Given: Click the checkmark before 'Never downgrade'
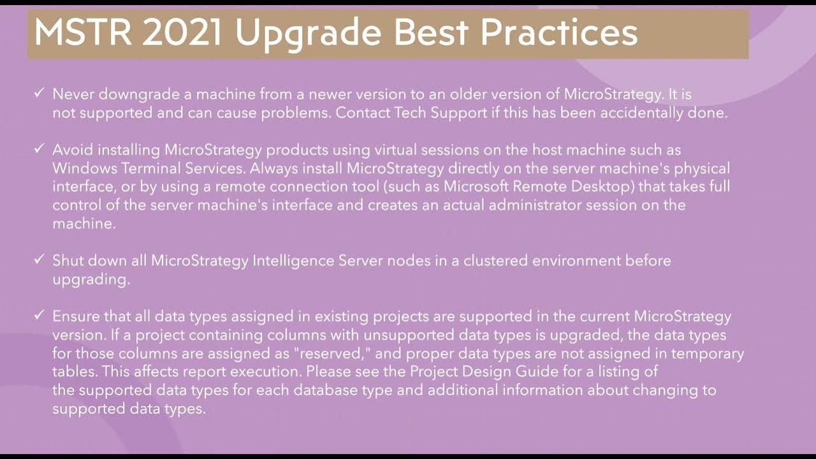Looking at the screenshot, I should pos(39,94).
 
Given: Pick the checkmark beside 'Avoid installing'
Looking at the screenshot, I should pos(39,149).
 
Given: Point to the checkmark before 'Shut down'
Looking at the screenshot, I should pos(39,260).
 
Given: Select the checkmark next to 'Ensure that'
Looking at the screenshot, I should pos(39,316).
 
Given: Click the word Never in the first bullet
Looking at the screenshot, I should pos(71,94).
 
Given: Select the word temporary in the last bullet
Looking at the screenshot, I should pos(707,353).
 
